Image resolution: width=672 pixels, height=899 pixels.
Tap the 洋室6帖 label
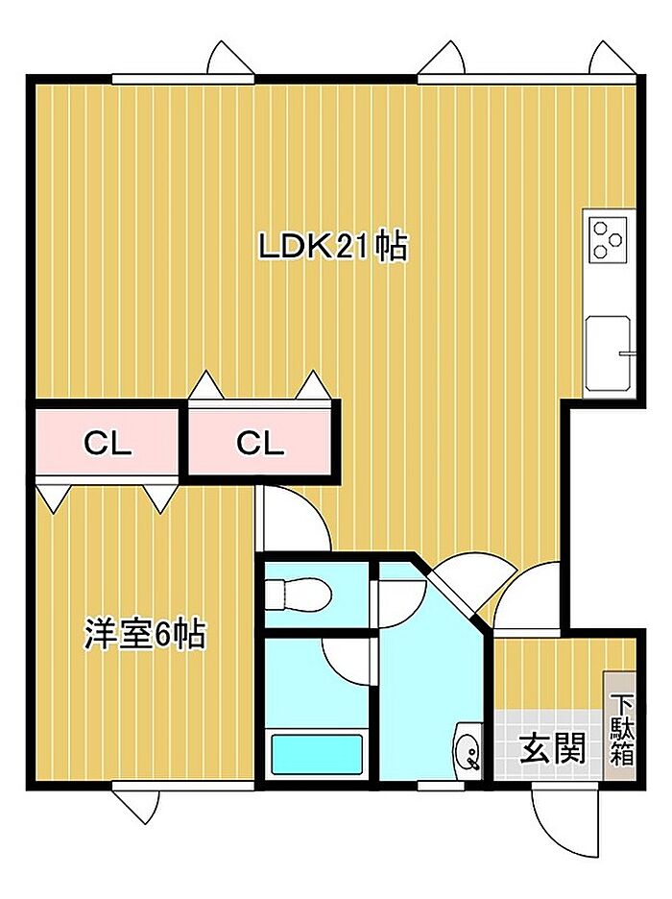tap(145, 634)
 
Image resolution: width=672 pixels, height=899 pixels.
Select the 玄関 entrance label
tap(553, 748)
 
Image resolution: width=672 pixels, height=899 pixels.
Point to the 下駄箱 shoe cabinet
tap(621, 725)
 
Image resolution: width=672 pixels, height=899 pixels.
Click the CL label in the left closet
tap(108, 443)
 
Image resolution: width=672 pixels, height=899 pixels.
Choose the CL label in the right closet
tap(261, 443)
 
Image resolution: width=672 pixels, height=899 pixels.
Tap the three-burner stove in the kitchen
tap(608, 240)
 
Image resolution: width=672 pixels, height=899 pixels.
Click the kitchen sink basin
tap(609, 353)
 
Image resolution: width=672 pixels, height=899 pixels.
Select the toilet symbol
tap(298, 595)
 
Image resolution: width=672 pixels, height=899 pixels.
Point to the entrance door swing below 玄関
tap(564, 814)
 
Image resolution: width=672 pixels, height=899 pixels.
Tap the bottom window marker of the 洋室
tap(136, 807)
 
